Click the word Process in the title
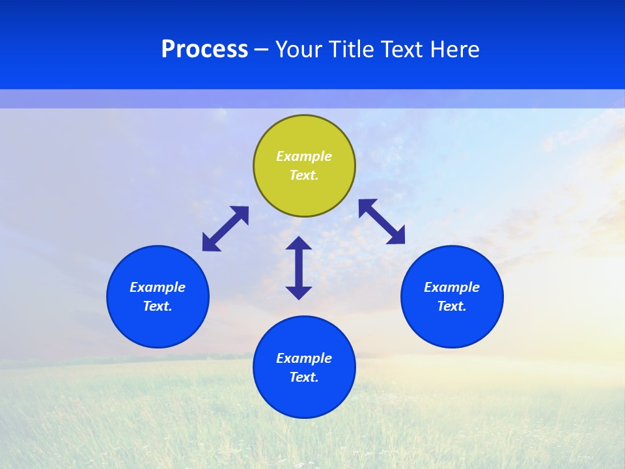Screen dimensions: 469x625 (x=204, y=50)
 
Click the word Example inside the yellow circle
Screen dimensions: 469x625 (x=304, y=156)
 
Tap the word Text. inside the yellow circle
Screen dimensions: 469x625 (x=304, y=175)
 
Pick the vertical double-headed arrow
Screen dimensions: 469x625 (x=299, y=268)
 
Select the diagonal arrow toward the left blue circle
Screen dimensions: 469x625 (x=225, y=229)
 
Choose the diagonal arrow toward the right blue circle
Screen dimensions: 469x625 (x=382, y=221)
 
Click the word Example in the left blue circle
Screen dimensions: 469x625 (x=158, y=287)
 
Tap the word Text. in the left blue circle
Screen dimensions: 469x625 (x=158, y=306)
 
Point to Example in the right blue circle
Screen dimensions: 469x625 (x=452, y=287)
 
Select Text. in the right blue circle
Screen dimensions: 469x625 (x=452, y=306)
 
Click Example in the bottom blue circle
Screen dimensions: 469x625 (x=304, y=358)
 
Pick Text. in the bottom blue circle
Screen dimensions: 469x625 (x=304, y=377)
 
